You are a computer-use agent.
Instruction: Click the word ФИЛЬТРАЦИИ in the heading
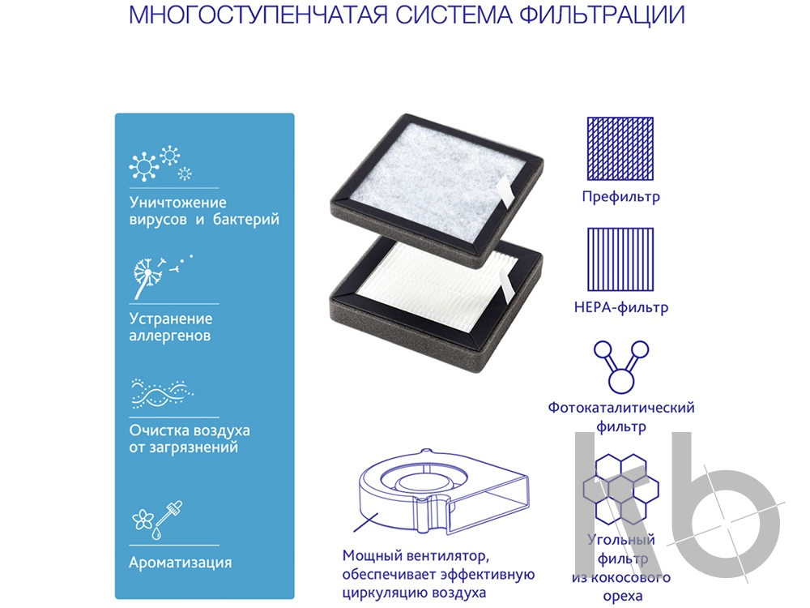(602, 15)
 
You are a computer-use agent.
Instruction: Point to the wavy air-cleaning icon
(162, 394)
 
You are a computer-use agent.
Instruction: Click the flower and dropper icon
(158, 520)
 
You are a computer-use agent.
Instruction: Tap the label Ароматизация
(181, 563)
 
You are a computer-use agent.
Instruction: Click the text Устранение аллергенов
(170, 327)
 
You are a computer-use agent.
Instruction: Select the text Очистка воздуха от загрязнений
(190, 439)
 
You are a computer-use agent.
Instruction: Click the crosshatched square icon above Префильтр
(620, 149)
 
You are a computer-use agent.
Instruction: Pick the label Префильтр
(621, 196)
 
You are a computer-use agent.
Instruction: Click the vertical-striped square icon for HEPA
(620, 259)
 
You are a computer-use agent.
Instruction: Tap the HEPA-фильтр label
(621, 307)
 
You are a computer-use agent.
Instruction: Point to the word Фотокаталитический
(621, 408)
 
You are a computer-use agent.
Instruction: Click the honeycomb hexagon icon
(621, 489)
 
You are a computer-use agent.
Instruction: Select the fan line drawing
(443, 491)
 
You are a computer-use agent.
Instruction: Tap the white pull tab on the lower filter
(507, 288)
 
